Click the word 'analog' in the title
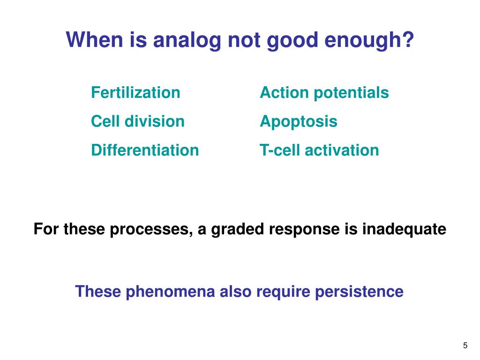point(187,41)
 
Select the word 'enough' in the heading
point(362,41)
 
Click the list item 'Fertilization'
point(135,92)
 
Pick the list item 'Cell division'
point(138,121)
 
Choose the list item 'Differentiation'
point(145,150)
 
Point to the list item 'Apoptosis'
point(299,122)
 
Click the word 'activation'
point(342,150)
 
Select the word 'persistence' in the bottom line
point(359,292)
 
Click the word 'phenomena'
point(170,292)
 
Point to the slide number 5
point(465,345)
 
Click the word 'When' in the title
point(94,40)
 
